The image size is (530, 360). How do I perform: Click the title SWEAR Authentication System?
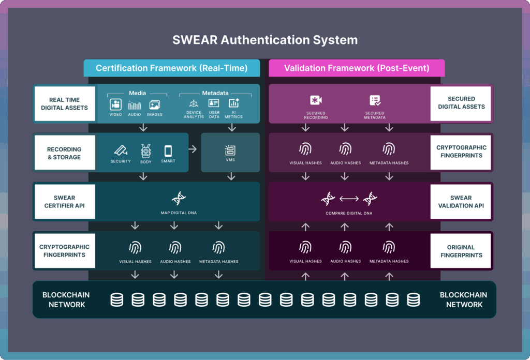coord(264,40)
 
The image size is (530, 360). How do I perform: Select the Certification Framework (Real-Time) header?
coord(171,68)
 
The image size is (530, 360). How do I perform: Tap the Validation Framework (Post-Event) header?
coord(357,68)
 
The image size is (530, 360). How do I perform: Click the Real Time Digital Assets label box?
coord(65,103)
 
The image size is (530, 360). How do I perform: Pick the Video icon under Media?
coord(115,104)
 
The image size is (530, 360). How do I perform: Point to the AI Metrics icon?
coord(233,103)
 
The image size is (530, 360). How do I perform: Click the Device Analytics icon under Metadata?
coord(194,104)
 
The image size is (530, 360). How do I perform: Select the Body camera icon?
coord(145,151)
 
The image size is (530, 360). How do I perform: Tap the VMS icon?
coord(230,151)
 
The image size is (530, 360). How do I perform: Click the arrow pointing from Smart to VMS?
coord(193,149)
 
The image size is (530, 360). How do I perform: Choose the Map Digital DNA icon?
coord(179,198)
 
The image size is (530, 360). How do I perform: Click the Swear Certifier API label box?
coord(65,201)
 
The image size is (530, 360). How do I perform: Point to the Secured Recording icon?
coord(316,101)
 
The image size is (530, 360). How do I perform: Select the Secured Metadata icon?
coord(375,101)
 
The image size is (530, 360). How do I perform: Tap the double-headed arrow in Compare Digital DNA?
coord(349,198)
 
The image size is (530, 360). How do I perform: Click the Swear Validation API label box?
coord(461,201)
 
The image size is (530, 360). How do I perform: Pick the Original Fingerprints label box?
coord(461,251)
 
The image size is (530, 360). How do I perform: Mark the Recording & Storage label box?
coord(65,153)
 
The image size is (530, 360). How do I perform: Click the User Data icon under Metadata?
coord(214,103)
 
